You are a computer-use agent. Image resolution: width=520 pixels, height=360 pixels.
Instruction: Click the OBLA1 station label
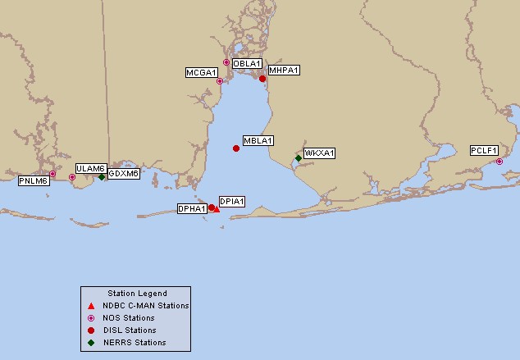pyautogui.click(x=247, y=63)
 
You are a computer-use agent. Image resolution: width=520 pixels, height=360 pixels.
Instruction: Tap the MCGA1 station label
pyautogui.click(x=201, y=73)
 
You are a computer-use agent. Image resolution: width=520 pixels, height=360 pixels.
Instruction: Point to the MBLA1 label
pyautogui.click(x=258, y=140)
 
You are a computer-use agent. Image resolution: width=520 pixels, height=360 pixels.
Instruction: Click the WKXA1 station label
pyautogui.click(x=319, y=153)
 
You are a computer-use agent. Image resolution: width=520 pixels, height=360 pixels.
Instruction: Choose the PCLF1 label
pyautogui.click(x=484, y=150)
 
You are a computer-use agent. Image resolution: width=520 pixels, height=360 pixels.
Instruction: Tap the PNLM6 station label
pyautogui.click(x=34, y=180)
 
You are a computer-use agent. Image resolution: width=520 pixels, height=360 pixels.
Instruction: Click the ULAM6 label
pyautogui.click(x=90, y=168)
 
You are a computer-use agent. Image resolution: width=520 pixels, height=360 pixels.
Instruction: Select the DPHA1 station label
pyautogui.click(x=192, y=208)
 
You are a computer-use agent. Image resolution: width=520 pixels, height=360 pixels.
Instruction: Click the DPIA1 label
pyautogui.click(x=232, y=201)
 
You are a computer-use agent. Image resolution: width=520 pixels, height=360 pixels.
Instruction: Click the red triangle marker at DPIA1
pyautogui.click(x=217, y=210)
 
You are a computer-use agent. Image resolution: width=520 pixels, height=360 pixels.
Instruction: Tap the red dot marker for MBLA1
pyautogui.click(x=236, y=148)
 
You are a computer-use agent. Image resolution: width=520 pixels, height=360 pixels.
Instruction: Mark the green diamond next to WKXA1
pyautogui.click(x=299, y=158)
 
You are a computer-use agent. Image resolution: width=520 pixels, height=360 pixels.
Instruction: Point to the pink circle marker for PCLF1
pyautogui.click(x=499, y=162)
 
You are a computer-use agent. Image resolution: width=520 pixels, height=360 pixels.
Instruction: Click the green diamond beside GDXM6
pyautogui.click(x=102, y=176)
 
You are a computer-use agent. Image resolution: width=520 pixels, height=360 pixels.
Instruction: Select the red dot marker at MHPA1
pyautogui.click(x=262, y=79)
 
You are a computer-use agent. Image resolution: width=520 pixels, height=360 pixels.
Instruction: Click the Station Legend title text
pyautogui.click(x=137, y=294)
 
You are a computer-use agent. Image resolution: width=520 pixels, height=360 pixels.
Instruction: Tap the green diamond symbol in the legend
pyautogui.click(x=91, y=343)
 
